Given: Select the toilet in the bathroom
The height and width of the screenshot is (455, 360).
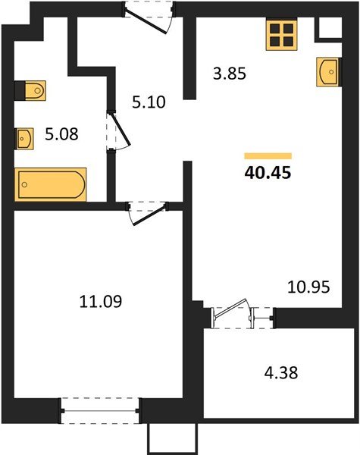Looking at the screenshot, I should [33, 91].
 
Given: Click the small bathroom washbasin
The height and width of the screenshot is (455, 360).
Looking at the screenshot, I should [25, 139].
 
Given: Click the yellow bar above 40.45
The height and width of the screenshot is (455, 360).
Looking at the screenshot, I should [268, 154].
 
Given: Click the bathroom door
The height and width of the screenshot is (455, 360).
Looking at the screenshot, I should [114, 133].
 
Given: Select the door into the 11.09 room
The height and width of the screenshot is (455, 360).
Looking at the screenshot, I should [146, 210].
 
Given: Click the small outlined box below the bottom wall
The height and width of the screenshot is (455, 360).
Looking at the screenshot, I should [174, 438].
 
